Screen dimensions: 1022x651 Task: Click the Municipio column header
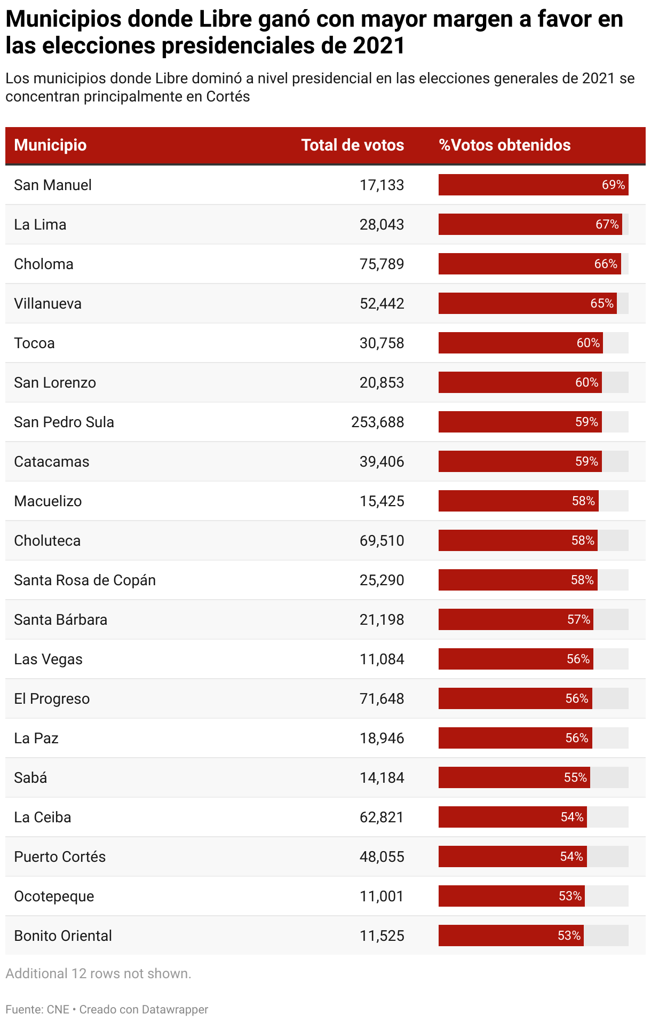[50, 145]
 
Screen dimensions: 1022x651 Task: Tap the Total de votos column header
[352, 145]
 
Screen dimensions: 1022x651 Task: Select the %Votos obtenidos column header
[504, 145]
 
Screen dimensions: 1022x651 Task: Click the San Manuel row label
[53, 185]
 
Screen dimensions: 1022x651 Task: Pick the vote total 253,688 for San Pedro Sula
[377, 422]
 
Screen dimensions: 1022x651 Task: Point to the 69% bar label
[613, 185]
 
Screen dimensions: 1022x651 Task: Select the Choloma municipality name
[44, 264]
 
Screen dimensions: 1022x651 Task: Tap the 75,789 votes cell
[382, 264]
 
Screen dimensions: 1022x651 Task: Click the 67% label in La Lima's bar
[607, 225]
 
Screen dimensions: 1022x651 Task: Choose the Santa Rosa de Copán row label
[85, 580]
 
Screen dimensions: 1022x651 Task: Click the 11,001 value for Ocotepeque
[382, 897]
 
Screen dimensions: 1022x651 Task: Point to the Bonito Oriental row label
[63, 936]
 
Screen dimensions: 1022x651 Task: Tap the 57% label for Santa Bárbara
[578, 620]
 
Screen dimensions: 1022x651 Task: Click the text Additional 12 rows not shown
[98, 973]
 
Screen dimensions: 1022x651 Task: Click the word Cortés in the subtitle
[228, 97]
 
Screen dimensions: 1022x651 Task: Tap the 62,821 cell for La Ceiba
[382, 817]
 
